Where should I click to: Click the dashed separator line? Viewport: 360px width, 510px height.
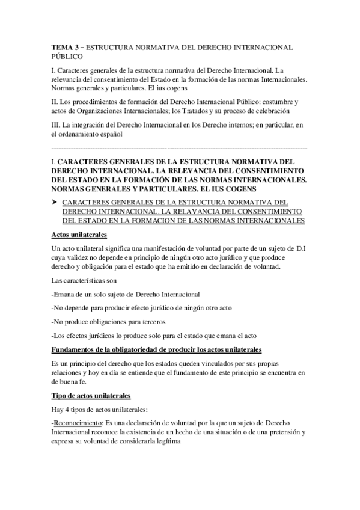click(x=180, y=147)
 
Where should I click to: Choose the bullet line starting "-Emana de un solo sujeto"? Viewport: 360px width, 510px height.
click(x=126, y=295)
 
